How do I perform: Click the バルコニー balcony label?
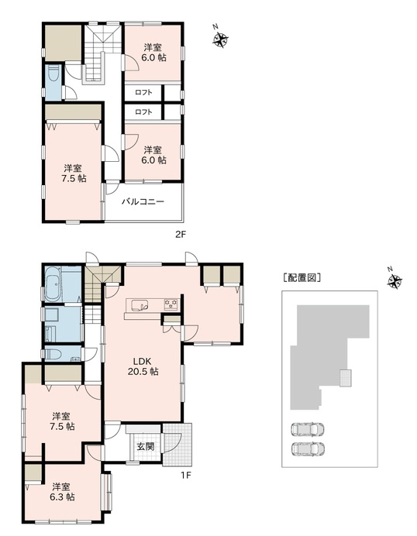143,201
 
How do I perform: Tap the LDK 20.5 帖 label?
143,366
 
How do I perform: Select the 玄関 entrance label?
146,446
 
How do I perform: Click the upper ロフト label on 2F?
143,92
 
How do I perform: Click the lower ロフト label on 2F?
143,112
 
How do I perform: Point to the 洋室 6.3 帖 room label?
62,492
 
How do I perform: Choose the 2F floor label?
181,235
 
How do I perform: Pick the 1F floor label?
186,475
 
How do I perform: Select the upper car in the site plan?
308,430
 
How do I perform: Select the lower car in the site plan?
308,448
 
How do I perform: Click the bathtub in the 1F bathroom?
53,284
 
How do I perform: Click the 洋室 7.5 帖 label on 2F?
74,173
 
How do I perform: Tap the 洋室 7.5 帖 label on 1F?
62,421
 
